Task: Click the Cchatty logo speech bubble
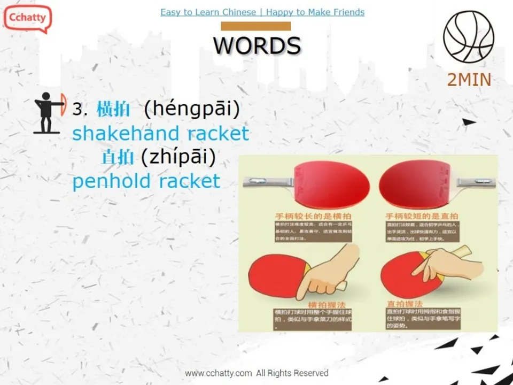[27, 18]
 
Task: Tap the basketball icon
[468, 36]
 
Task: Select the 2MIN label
[469, 80]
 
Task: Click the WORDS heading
[257, 45]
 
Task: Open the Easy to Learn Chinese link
[208, 12]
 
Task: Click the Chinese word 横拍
[113, 110]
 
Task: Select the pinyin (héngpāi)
[192, 109]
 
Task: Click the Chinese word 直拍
[117, 157]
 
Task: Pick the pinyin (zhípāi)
[178, 157]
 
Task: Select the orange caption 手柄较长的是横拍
[306, 215]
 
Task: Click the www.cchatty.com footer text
[218, 373]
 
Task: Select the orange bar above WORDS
[256, 26]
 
